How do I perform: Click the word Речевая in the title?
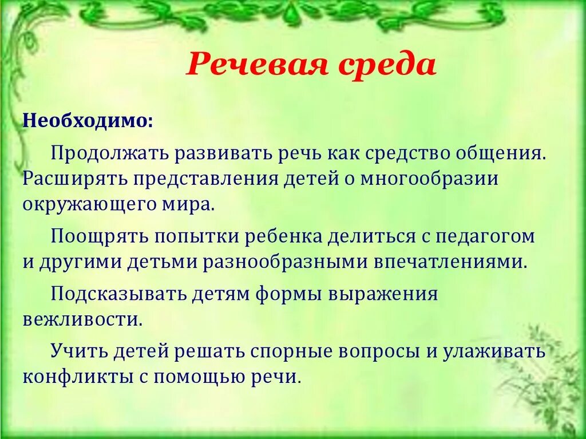pyautogui.click(x=258, y=66)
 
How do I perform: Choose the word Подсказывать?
pyautogui.click(x=119, y=294)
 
